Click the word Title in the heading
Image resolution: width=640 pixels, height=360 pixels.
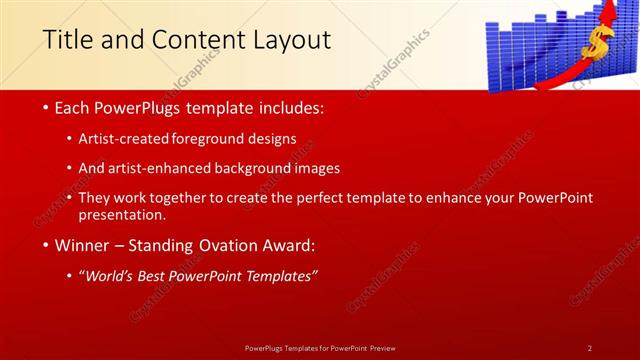click(68, 41)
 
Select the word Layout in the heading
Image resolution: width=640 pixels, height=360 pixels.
click(290, 41)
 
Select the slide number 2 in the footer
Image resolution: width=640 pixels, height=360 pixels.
click(589, 347)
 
